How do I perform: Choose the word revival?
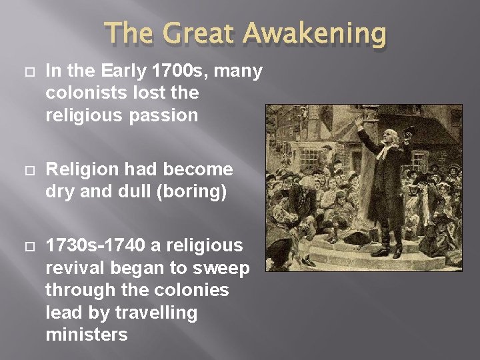click(x=72, y=268)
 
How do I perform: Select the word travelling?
click(x=157, y=312)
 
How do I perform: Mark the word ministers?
click(x=86, y=334)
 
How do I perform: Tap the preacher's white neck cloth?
click(x=386, y=151)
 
